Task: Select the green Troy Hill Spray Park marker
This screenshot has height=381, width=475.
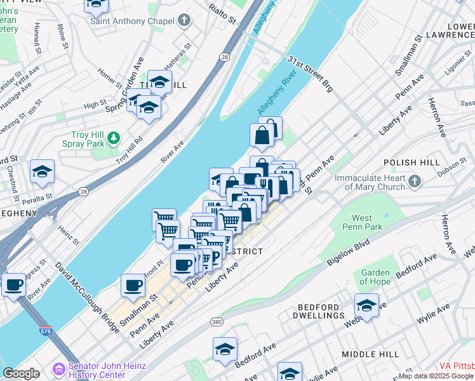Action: (x=114, y=137)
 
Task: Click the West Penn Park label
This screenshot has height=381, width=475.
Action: (x=363, y=222)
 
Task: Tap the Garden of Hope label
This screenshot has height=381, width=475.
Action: (x=375, y=277)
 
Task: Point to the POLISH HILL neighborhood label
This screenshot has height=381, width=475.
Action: (x=411, y=163)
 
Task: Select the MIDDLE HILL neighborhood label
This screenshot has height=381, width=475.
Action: (x=370, y=354)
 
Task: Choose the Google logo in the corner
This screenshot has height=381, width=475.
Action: (x=22, y=373)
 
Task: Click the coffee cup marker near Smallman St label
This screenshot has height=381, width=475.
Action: (x=133, y=286)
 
